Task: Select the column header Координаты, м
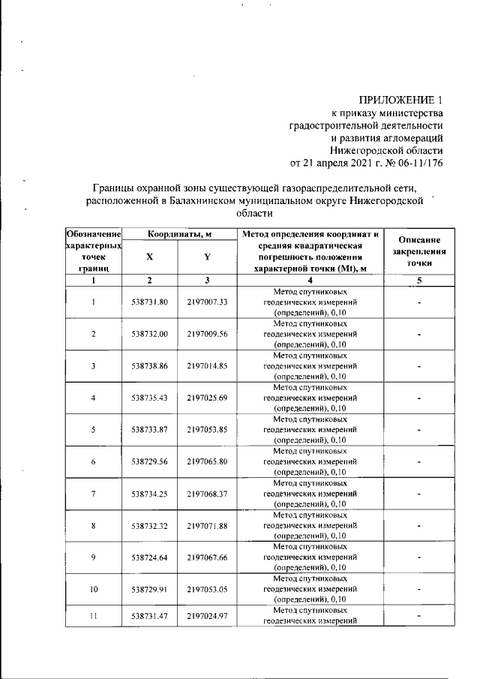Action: coord(178,234)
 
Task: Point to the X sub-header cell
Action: coord(149,256)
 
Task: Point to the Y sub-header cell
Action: coord(206,256)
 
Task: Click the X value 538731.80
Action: coord(149,302)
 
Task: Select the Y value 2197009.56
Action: coord(207,334)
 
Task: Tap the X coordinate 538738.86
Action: coord(149,366)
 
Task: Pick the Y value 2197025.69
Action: coord(207,398)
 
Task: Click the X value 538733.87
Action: coord(149,430)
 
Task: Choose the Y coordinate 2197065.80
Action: coord(207,462)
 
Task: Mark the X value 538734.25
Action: coord(149,494)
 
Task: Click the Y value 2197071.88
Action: coord(207,526)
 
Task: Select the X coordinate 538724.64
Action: coord(149,557)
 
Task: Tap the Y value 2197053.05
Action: coord(207,590)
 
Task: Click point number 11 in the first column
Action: coord(94,615)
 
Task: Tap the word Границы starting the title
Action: coord(115,187)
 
